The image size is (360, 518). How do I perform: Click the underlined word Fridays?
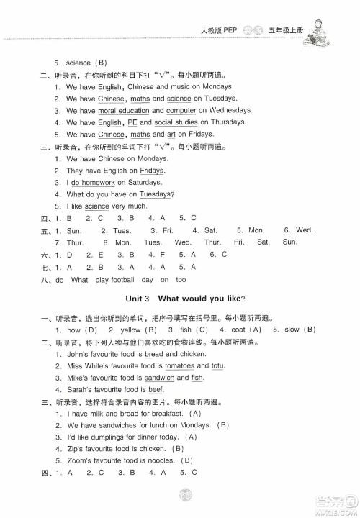[x=151, y=171]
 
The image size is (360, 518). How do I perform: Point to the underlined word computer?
[x=181, y=110]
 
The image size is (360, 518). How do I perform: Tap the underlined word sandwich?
[x=159, y=377]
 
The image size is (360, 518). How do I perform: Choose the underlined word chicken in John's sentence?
[x=193, y=354]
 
